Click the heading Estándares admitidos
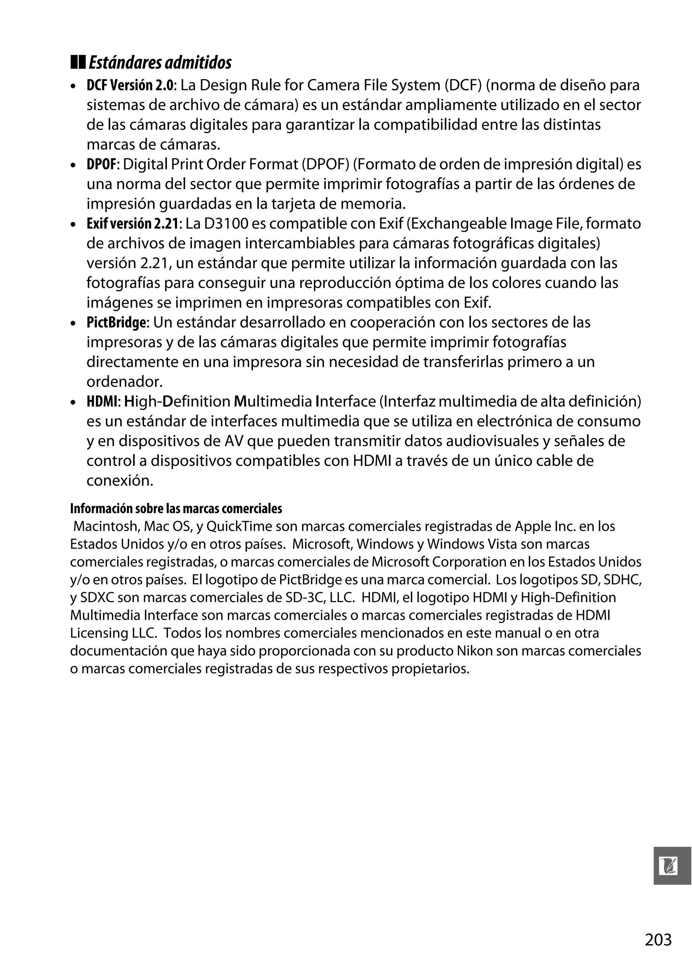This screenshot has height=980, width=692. coord(160,63)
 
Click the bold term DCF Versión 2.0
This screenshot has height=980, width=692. coord(130,85)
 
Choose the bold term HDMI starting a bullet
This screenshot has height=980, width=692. coord(102,402)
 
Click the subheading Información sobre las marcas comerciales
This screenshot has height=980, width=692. coord(176,509)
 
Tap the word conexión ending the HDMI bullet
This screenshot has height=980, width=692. coord(120,481)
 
